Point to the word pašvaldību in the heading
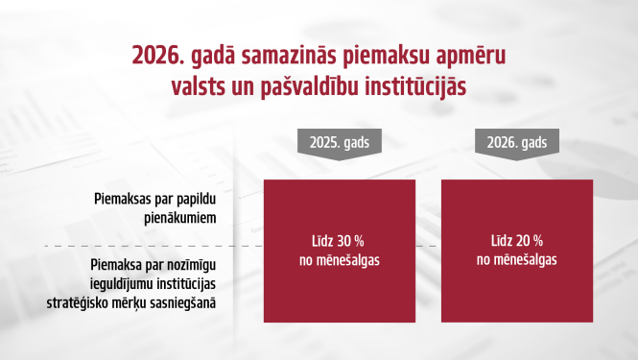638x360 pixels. coord(329,85)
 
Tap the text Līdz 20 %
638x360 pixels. coord(510,240)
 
